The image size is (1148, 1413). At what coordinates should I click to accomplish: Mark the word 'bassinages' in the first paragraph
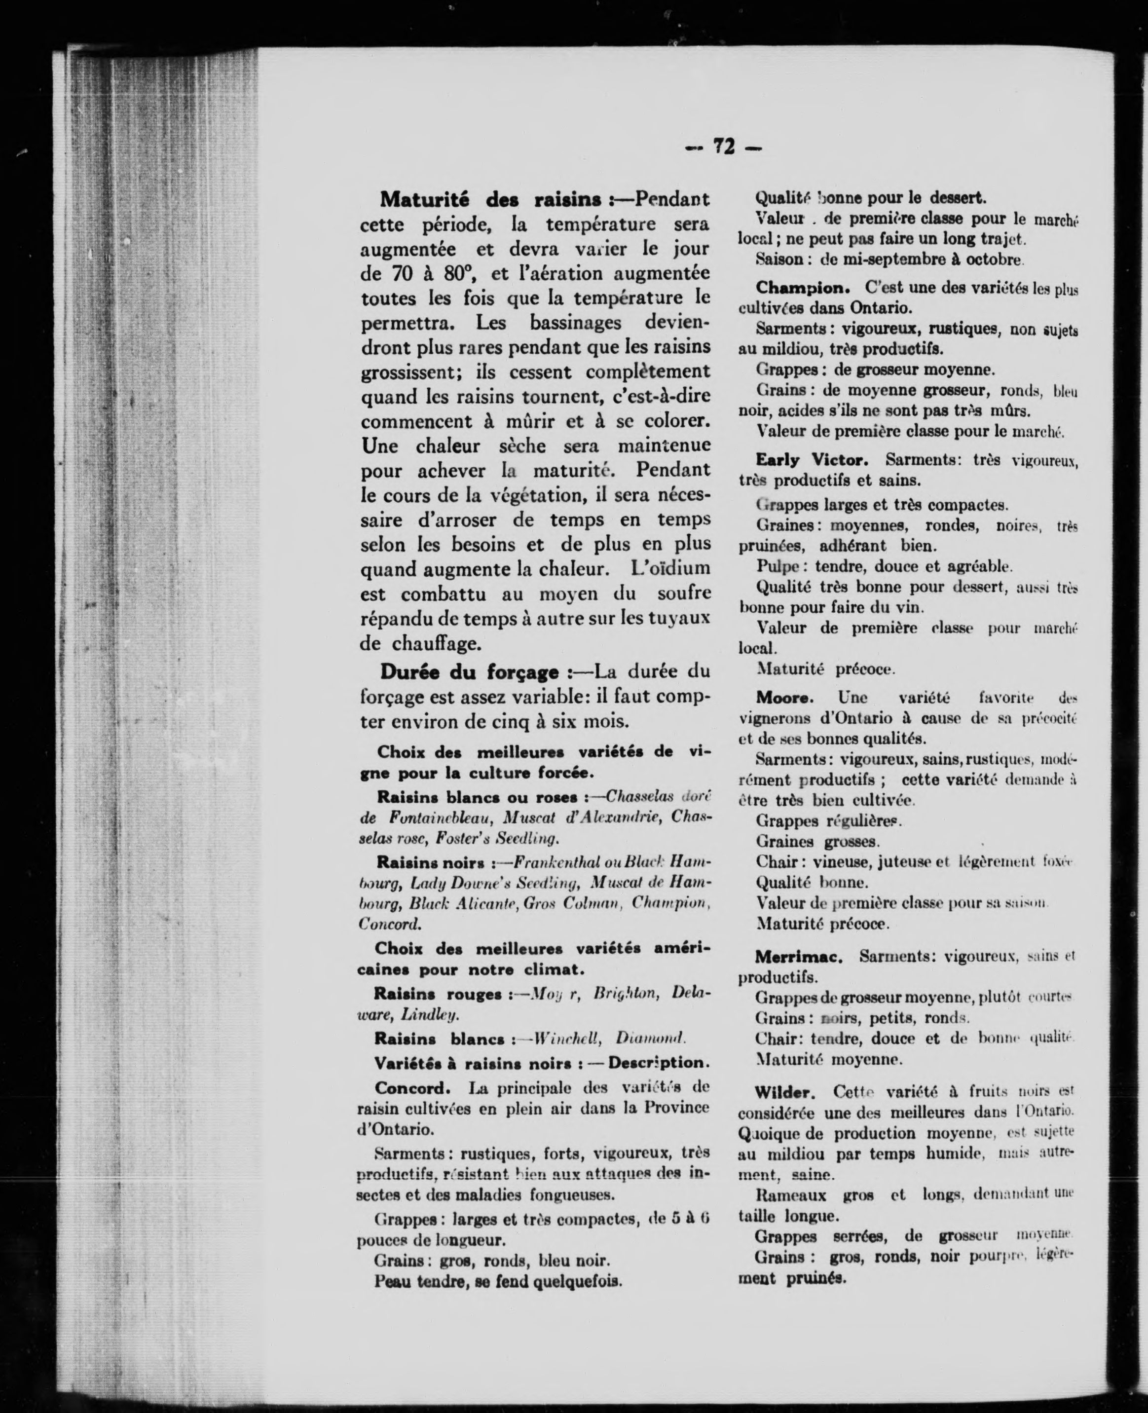[575, 323]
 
